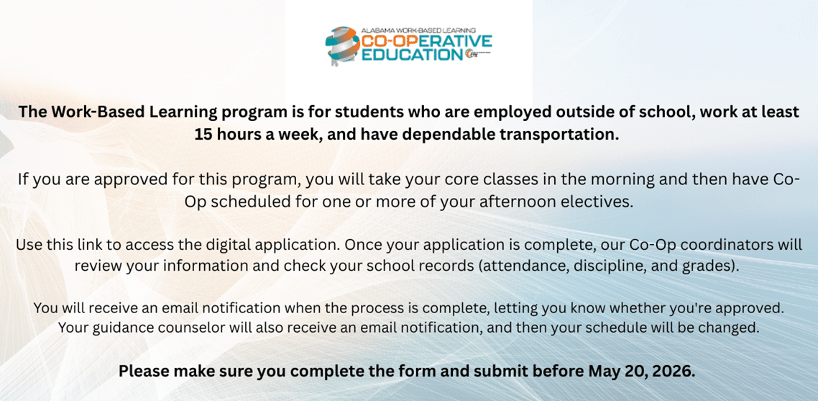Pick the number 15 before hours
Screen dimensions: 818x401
click(x=202, y=135)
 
